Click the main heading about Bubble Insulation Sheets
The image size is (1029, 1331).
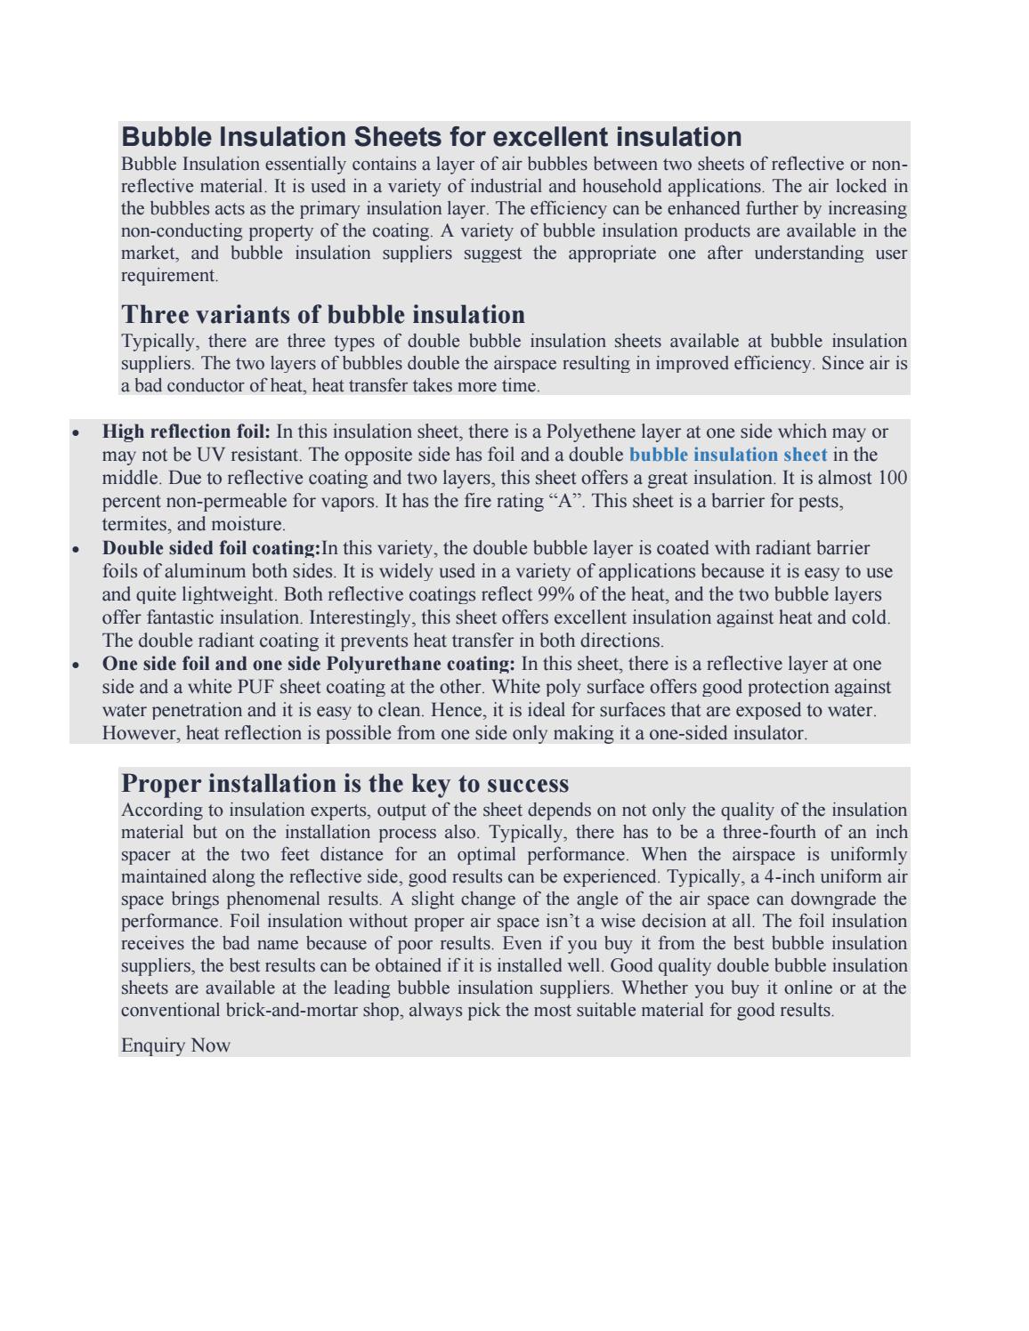432,137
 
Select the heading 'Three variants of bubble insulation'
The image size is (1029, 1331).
323,315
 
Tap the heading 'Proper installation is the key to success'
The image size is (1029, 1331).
344,784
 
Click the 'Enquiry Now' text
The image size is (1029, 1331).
175,1045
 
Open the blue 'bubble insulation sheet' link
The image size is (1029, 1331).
728,455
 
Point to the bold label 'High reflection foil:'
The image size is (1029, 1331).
186,432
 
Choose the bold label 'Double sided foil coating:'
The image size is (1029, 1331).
212,548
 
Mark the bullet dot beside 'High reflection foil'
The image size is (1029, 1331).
77,433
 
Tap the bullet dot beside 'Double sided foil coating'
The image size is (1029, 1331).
77,549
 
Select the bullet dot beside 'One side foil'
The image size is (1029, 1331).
77,665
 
